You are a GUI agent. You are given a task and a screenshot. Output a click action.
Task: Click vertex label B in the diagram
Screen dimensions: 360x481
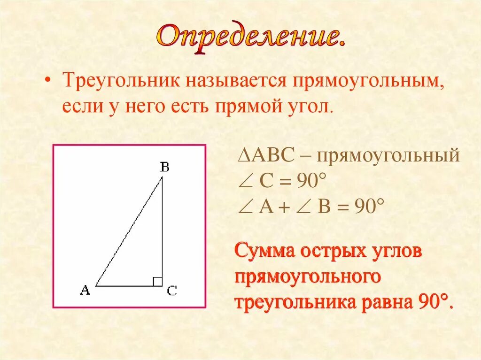click(x=164, y=167)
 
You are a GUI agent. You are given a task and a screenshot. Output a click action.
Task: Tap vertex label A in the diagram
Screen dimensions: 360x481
click(x=85, y=291)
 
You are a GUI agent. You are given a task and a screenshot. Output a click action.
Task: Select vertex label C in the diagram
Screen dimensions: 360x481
click(x=172, y=291)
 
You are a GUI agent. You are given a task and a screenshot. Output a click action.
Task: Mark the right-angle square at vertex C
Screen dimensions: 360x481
click(x=157, y=281)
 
